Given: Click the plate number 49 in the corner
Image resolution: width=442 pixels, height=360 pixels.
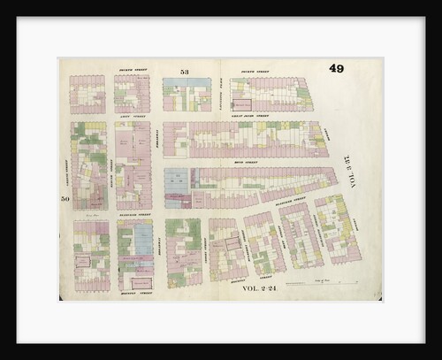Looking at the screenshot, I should point(337,69).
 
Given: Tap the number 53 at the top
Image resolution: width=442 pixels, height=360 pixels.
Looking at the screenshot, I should point(184,71).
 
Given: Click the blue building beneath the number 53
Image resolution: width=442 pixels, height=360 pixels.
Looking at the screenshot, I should point(187,93).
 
